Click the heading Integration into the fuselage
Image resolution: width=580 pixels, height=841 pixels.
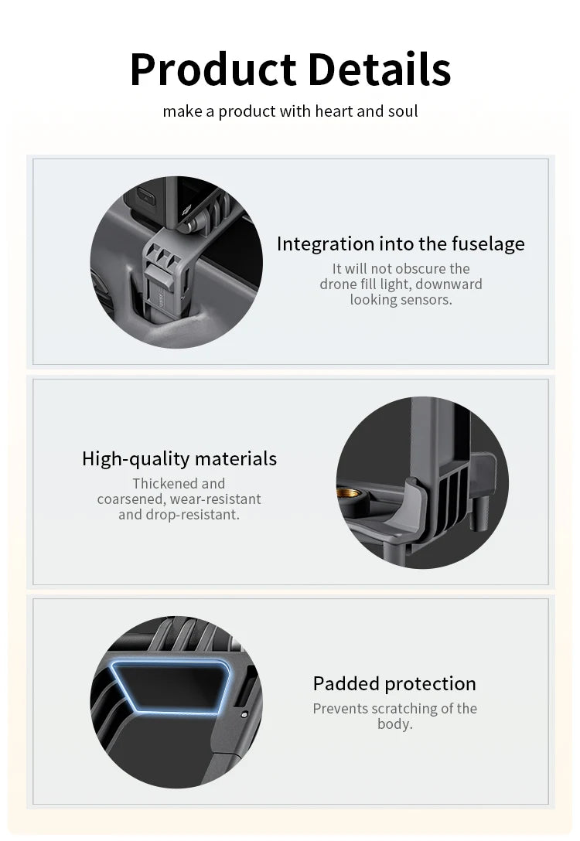pos(401,244)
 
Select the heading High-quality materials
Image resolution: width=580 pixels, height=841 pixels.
pos(179,459)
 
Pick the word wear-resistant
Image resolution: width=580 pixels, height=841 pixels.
pos(211,499)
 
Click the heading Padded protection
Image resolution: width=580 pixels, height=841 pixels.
pos(394,684)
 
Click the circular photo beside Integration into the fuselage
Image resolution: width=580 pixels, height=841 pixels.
pos(176,262)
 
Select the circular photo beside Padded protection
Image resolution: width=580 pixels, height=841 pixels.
pos(176,702)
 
